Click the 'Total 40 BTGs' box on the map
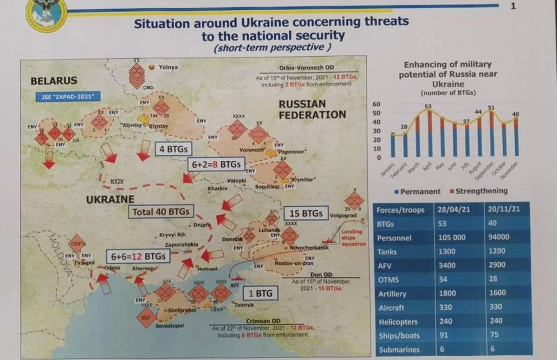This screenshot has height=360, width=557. pos(161,211)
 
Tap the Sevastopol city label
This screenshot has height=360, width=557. pos(169,326)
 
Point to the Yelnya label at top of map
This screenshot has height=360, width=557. pos(168,67)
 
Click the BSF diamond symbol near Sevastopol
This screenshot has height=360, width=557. pos(146,318)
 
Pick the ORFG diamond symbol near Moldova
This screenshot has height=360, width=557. pos(77,243)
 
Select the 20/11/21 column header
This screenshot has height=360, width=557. pos(505,209)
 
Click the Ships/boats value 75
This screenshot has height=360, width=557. pos(495,335)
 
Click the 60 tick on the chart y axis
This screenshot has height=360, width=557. pos(376,104)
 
